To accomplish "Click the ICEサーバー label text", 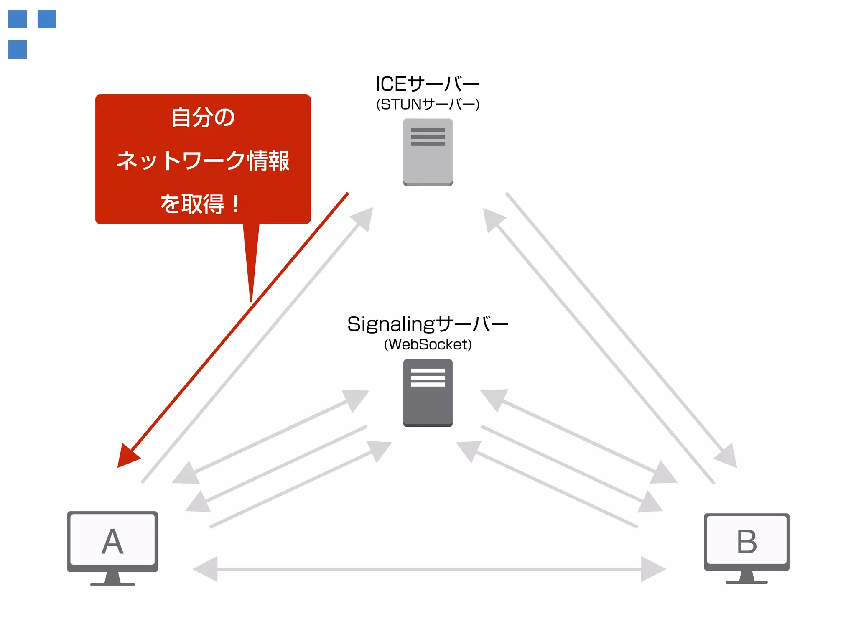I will [427, 84].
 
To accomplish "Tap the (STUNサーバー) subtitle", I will [428, 104].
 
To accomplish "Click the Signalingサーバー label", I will [427, 324].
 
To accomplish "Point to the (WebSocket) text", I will [428, 344].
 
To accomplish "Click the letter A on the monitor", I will [112, 542].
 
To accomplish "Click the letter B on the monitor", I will [746, 542].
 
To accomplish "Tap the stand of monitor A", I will [112, 579].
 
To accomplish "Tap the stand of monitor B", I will [746, 577].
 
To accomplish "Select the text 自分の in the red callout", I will [203, 117].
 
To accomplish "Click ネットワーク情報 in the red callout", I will [203, 161].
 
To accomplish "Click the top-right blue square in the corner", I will [47, 19].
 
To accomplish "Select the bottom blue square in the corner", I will [18, 49].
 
